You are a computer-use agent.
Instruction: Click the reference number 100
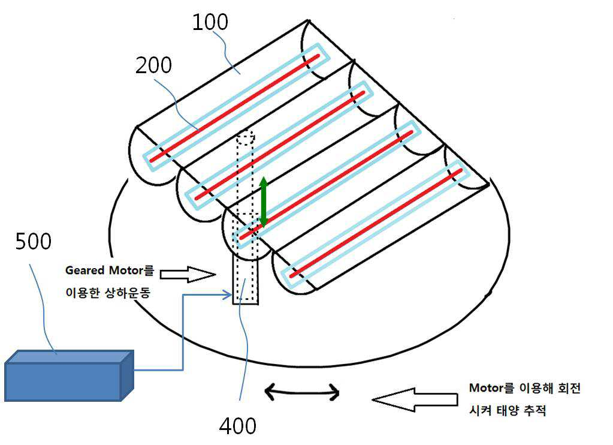pos(210,22)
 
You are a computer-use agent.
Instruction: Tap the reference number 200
pos(153,65)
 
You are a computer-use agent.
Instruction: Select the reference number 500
pos(33,241)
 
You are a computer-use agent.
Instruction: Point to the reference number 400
pos(238,426)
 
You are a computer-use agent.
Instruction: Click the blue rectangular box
pos(69,375)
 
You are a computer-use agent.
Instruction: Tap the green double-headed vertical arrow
pos(264,202)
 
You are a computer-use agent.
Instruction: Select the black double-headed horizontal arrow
pos(302,392)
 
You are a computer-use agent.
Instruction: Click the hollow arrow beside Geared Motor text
pos(188,274)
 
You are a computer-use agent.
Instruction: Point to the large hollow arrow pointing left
pos(415,399)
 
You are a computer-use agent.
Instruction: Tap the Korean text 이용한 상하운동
pos(108,293)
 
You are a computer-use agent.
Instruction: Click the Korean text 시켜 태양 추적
pos(508,411)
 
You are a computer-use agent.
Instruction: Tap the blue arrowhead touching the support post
pos(228,294)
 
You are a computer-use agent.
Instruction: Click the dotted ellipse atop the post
pos(246,137)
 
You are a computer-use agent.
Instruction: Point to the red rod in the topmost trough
pos(234,108)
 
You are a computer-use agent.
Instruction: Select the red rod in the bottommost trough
pos(376,223)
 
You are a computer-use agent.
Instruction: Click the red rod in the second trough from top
pos(280,145)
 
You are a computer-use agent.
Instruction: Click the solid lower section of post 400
pos(246,279)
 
